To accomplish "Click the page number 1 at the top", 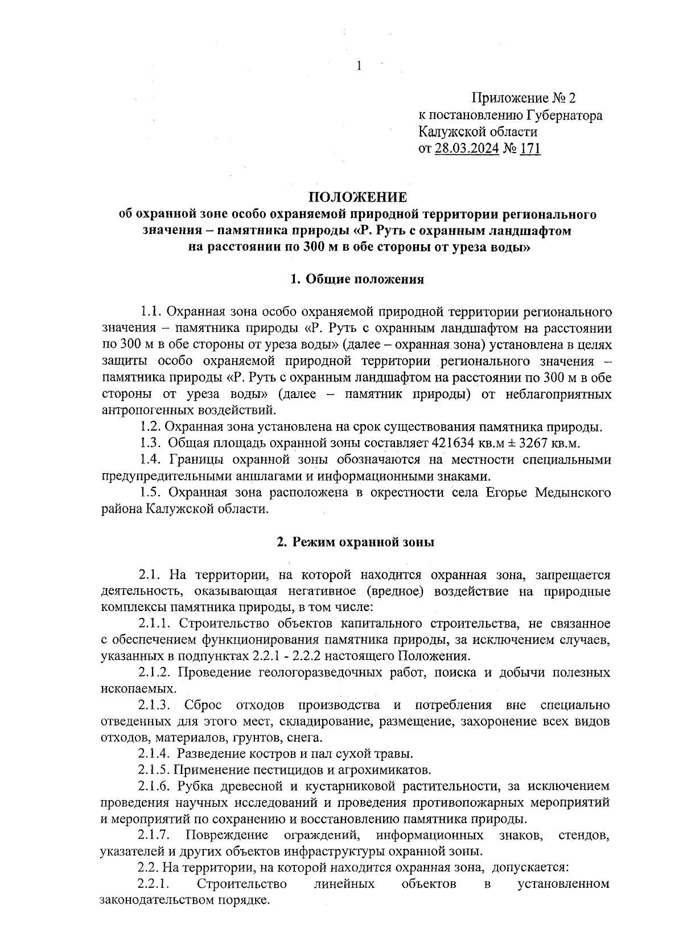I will [x=359, y=66].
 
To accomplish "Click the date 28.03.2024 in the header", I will [x=467, y=149].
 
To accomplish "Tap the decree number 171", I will [x=530, y=149].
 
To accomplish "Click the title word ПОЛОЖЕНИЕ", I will [x=357, y=197].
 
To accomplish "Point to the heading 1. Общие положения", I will [x=357, y=279].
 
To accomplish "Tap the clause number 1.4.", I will [x=151, y=460].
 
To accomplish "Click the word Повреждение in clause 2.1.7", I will [x=227, y=835].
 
